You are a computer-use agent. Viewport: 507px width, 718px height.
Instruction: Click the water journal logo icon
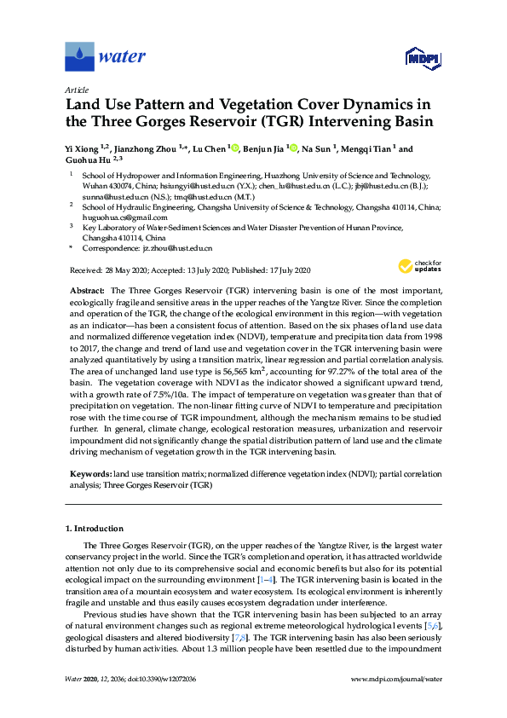tap(79, 57)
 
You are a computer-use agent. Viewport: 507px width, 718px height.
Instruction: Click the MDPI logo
tap(421, 58)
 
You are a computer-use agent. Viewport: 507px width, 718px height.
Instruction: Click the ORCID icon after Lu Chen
tap(234, 148)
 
